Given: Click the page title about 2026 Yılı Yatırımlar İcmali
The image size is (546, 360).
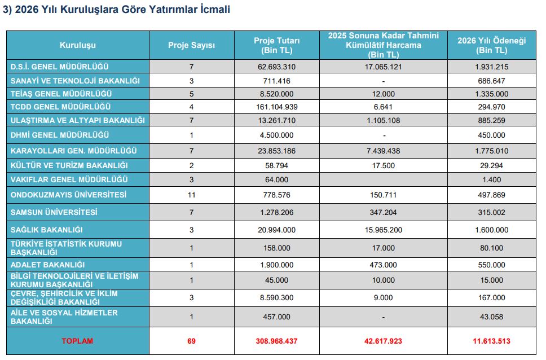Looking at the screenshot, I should tap(117, 10).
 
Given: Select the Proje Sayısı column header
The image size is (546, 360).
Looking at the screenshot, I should tap(191, 45).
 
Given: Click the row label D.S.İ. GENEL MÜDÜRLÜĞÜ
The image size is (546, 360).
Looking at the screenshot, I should tap(60, 67).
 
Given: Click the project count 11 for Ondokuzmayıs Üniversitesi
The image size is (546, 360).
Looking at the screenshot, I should tap(191, 195).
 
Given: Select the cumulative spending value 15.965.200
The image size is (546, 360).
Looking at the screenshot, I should tap(383, 230).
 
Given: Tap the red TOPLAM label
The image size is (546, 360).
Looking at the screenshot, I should tap(78, 341).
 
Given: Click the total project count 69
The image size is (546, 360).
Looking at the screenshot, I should tap(191, 341).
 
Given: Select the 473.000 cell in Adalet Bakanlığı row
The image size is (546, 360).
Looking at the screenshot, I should tap(383, 265).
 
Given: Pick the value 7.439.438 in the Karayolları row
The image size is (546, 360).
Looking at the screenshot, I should tap(383, 151).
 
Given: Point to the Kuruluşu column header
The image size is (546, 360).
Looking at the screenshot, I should tap(78, 45).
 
